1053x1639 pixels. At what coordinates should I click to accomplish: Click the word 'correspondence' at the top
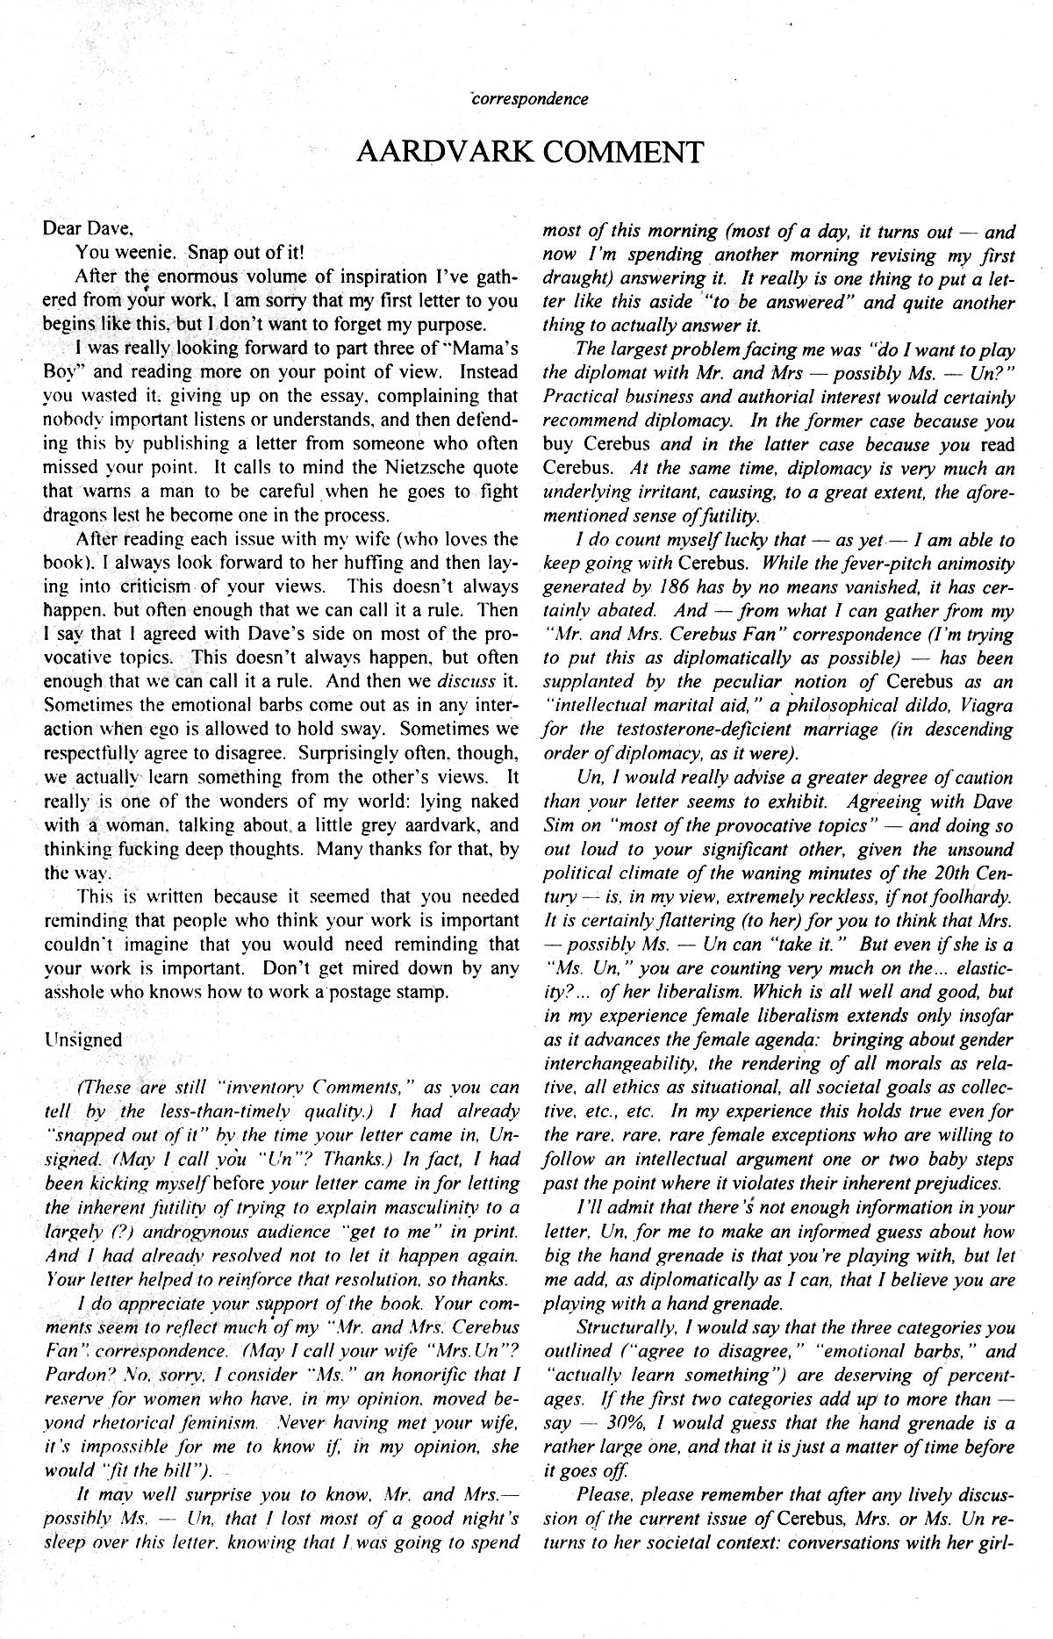click(x=530, y=98)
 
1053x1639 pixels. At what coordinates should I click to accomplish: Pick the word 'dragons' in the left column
click(x=73, y=514)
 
